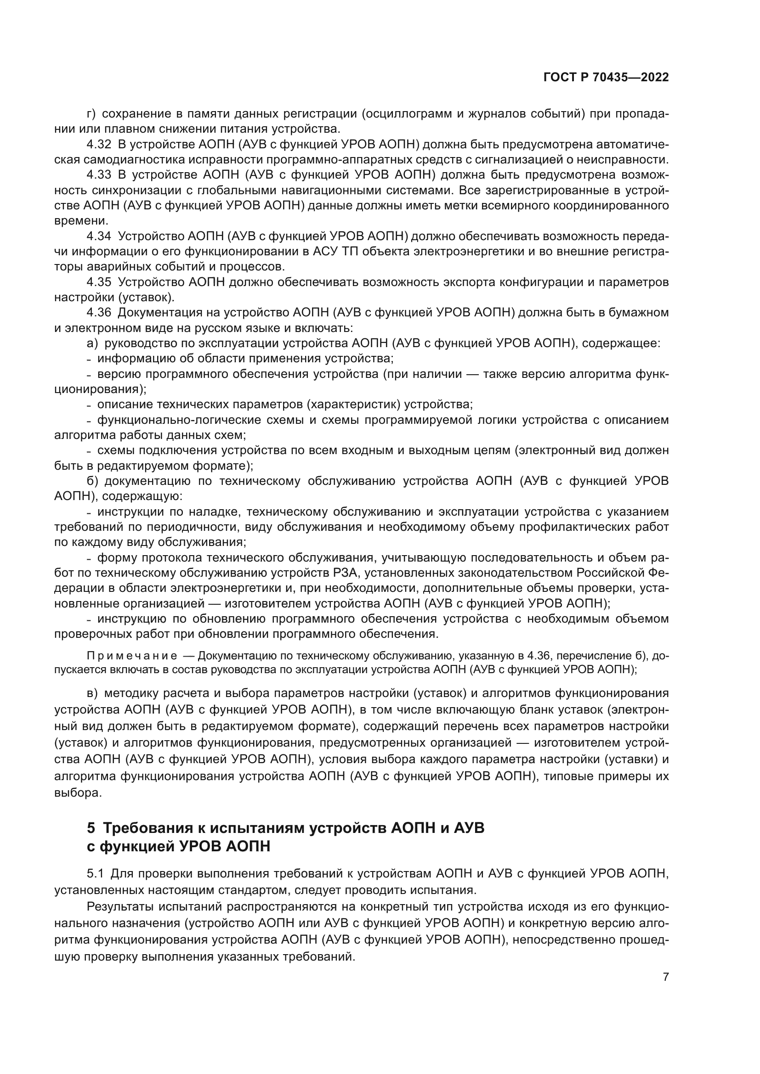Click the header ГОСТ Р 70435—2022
606,78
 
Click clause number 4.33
99,175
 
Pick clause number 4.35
99,282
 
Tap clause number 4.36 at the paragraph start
99,313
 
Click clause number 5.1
97,873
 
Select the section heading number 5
91,827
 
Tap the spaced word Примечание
132,656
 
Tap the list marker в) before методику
92,693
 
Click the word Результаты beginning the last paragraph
120,906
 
